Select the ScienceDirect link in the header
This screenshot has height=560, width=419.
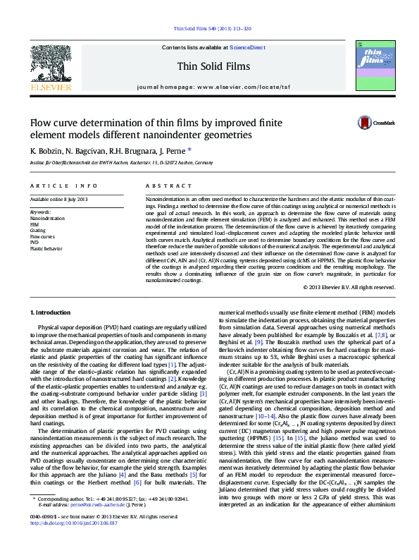(247, 47)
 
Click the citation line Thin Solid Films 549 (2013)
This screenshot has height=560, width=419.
(209, 29)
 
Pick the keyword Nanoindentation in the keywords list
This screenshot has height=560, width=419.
(47, 218)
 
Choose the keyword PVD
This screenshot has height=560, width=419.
(35, 243)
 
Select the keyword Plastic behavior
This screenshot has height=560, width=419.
(46, 249)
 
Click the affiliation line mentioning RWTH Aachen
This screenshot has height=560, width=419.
(120, 162)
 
